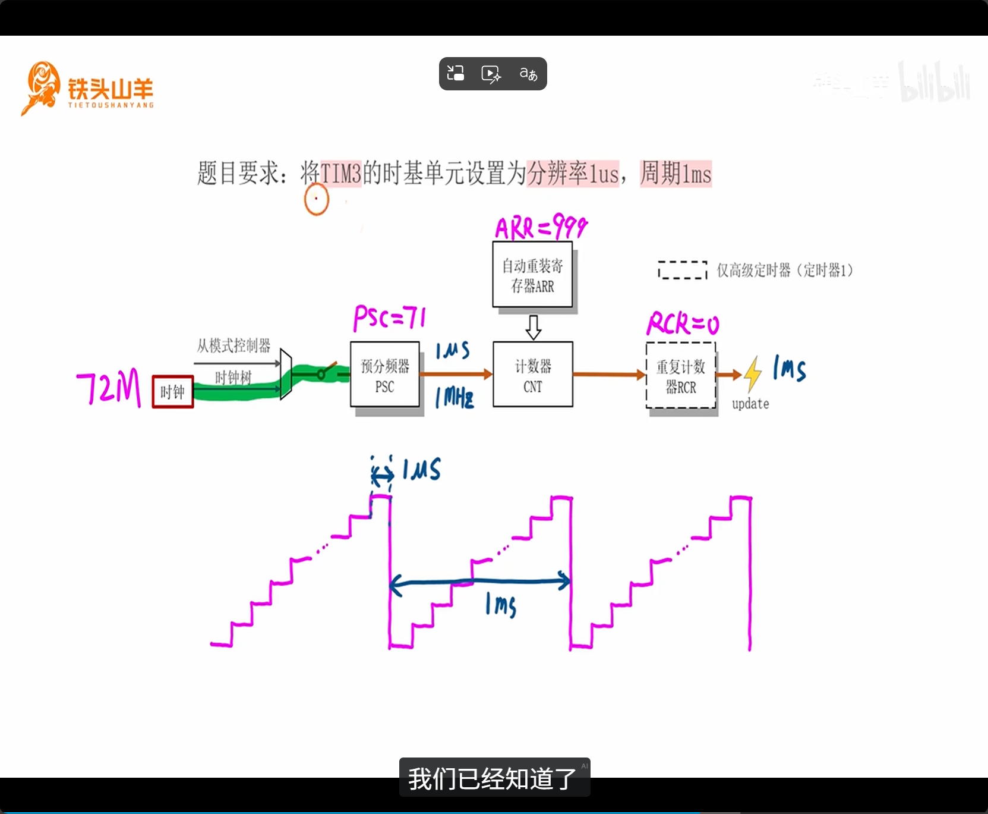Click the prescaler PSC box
point(385,375)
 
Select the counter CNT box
point(533,375)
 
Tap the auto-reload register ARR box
point(532,275)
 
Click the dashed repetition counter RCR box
point(681,376)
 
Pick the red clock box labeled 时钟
point(173,392)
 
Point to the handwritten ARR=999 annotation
point(541,227)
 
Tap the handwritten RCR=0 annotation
point(683,324)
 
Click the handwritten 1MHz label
point(455,397)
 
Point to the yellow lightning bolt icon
point(753,374)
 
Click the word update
point(750,404)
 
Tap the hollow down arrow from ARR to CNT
point(534,327)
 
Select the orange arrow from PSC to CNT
point(456,374)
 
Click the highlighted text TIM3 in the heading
point(341,174)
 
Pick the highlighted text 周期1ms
point(675,174)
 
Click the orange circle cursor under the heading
point(316,199)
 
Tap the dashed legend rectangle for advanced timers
point(683,270)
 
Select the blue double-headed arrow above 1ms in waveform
point(479,582)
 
